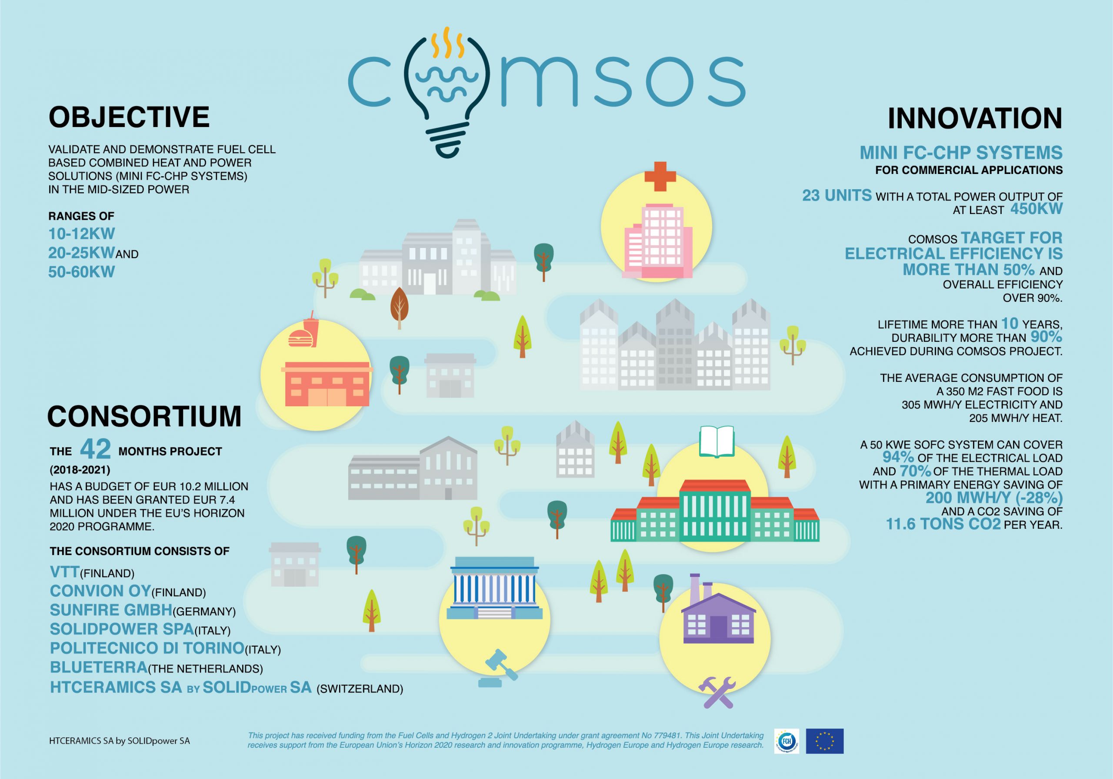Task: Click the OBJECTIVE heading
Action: click(129, 117)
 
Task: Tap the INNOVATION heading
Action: click(975, 119)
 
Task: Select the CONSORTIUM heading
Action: click(144, 416)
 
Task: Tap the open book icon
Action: click(717, 441)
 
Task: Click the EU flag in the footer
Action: click(825, 741)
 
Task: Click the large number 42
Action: click(96, 449)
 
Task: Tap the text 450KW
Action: click(1036, 209)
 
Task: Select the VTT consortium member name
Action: click(64, 572)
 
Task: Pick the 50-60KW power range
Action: click(81, 272)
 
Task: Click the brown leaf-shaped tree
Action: click(400, 308)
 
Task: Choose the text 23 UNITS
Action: click(836, 195)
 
